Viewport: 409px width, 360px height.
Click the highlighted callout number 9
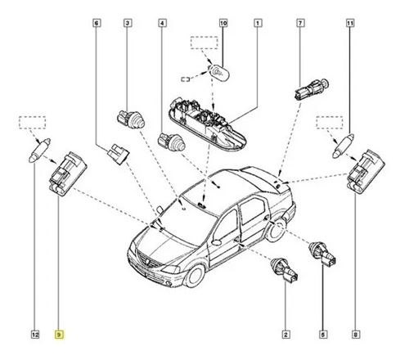(59, 335)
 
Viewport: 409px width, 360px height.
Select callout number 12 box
(35, 335)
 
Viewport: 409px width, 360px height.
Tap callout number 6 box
(97, 23)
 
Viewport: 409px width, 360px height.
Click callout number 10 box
(223, 23)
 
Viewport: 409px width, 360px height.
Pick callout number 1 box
(258, 23)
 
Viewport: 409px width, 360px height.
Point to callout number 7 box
(300, 23)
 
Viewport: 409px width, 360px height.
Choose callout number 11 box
(350, 23)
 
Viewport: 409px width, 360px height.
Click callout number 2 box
(285, 335)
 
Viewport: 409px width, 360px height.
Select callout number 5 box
(323, 335)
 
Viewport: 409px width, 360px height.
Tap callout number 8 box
(356, 335)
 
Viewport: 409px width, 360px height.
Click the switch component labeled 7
(312, 89)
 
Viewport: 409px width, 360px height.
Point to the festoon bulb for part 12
(39, 151)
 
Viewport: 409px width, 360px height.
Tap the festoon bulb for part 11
(343, 146)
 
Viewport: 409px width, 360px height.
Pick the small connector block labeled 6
(119, 154)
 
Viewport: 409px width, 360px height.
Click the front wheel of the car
(194, 276)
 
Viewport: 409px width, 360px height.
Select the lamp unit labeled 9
(68, 173)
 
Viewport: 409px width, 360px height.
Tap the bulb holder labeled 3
(131, 119)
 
